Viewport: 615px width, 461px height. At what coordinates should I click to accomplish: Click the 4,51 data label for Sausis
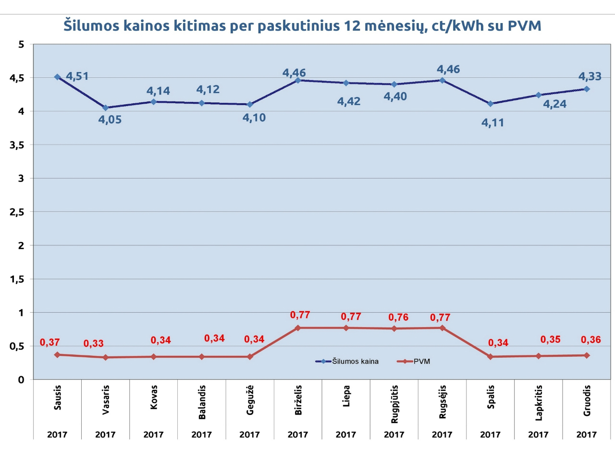(x=77, y=76)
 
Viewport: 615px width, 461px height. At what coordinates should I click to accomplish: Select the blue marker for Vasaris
(x=105, y=108)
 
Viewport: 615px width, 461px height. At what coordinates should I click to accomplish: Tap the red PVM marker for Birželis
(x=298, y=328)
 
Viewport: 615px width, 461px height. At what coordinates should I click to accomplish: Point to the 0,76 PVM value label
(x=398, y=317)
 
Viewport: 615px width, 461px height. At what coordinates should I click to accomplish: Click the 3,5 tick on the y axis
(x=17, y=145)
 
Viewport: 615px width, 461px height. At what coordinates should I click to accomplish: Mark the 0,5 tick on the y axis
(x=17, y=346)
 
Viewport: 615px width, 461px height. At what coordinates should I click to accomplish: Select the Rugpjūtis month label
(x=394, y=404)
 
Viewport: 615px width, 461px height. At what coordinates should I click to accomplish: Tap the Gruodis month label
(x=587, y=401)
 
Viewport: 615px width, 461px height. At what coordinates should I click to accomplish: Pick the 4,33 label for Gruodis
(x=590, y=76)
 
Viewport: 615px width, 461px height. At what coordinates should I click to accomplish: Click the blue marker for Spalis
(x=490, y=104)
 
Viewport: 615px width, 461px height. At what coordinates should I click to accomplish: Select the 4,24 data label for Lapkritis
(x=554, y=104)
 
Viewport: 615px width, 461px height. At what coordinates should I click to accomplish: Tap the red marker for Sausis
(x=57, y=355)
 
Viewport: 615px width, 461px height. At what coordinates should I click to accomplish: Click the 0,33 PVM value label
(x=93, y=344)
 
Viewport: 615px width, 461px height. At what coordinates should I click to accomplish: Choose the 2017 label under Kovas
(x=153, y=435)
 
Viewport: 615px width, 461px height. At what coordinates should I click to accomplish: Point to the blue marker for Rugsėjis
(x=442, y=80)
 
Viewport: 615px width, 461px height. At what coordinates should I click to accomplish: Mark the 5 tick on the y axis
(x=21, y=45)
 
